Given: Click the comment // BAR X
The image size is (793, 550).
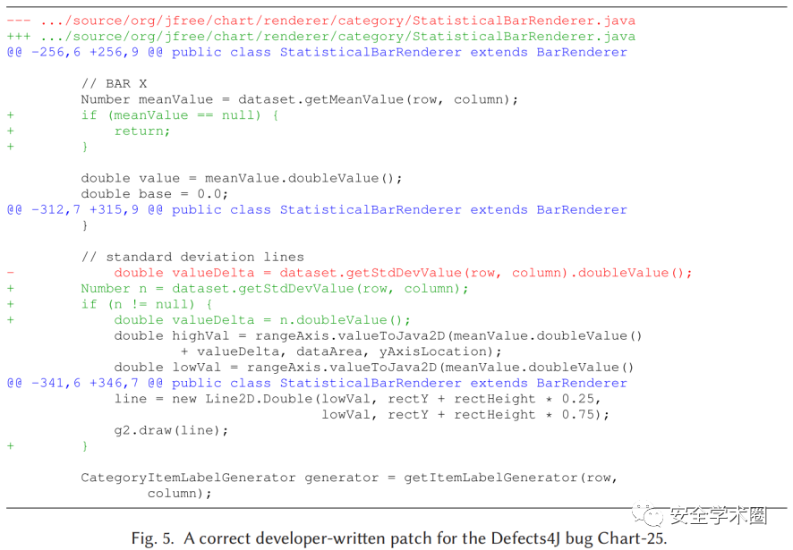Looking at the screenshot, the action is pyautogui.click(x=114, y=84).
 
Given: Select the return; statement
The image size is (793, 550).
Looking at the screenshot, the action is pyautogui.click(x=141, y=131).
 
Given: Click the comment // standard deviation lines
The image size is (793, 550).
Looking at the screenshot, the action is pyautogui.click(x=192, y=257).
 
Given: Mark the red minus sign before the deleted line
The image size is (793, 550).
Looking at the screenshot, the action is pyautogui.click(x=10, y=273).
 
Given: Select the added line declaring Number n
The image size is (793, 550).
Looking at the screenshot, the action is pyautogui.click(x=274, y=288).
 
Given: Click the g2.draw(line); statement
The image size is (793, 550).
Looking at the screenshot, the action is pyautogui.click(x=171, y=430).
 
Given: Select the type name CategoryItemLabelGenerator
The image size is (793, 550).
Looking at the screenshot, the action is pyautogui.click(x=188, y=478).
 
